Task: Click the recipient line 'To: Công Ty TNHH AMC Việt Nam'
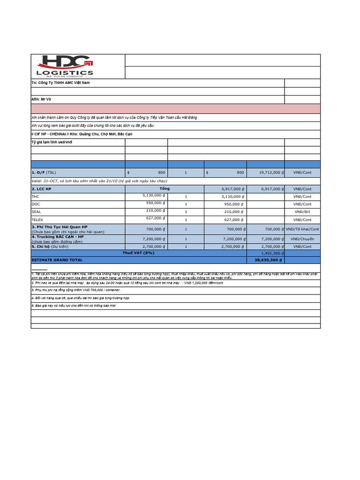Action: pos(60,83)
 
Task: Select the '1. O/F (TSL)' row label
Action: pos(44,172)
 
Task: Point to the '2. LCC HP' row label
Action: pos(41,189)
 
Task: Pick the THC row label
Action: pos(36,197)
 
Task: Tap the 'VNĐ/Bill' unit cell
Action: pos(302,212)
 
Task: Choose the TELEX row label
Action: pos(37,219)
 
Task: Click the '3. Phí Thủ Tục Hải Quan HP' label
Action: pos(60,227)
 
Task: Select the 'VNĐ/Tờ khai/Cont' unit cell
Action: pos(302,229)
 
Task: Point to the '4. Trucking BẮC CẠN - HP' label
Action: pos(58,237)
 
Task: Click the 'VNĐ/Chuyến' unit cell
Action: pos(302,239)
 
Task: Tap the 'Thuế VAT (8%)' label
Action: pos(138,253)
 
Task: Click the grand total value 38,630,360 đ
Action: pos(268,260)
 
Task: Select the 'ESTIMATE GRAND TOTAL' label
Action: pos(57,260)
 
